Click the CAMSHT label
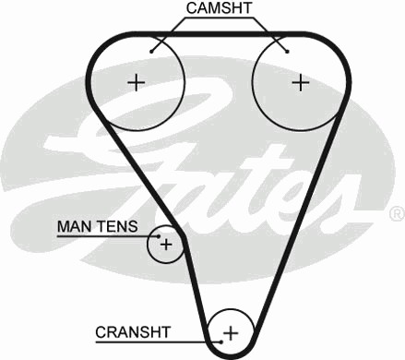219,8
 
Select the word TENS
117,227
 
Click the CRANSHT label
133,332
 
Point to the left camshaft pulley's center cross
136,82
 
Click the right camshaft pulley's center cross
301,82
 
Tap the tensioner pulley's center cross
166,245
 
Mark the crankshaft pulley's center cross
231,333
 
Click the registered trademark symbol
397,214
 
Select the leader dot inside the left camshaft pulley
151,52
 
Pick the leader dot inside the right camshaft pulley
287,52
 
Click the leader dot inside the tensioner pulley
159,236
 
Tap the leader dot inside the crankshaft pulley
221,342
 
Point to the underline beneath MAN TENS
108,236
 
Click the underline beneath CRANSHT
158,342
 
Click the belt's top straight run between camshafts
219,34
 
